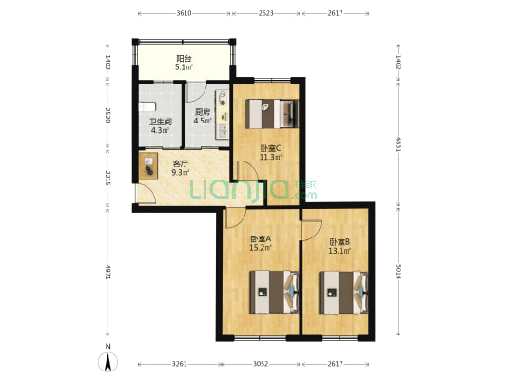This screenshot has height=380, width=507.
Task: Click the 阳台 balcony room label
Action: point(184,59)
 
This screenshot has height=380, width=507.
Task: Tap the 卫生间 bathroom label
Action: point(159,122)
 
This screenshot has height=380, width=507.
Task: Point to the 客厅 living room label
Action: point(180,163)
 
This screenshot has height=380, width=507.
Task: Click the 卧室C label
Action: point(270,147)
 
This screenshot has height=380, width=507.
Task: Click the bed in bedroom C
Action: point(273,114)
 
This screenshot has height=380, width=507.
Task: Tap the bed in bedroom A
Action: point(273,292)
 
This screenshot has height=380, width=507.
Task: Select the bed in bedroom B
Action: point(342,292)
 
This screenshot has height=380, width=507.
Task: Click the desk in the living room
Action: point(149,167)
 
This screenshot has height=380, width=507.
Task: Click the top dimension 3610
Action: point(184,14)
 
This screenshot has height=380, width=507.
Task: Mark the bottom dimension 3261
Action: point(179,365)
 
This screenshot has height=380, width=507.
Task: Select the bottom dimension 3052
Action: point(262,365)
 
